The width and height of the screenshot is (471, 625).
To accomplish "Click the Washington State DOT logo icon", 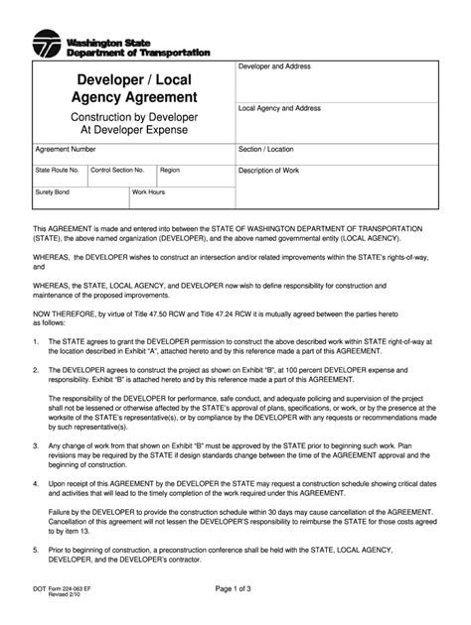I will click(x=47, y=45).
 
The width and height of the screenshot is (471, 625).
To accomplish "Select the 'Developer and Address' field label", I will click(x=276, y=66).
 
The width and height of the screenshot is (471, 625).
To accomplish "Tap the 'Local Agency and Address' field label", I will click(x=281, y=107).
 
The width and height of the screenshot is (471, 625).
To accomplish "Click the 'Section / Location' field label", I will click(x=266, y=150).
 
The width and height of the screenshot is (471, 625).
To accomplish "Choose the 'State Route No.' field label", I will click(x=57, y=170).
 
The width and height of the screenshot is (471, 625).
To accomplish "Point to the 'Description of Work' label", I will click(x=270, y=171).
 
